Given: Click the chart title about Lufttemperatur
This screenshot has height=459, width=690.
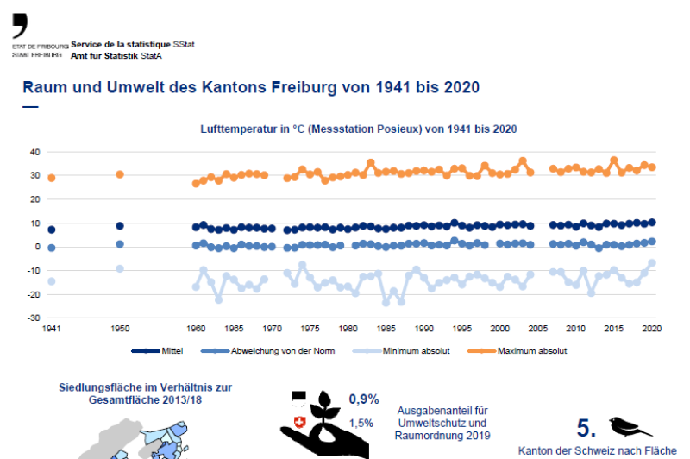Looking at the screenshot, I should coord(358,129).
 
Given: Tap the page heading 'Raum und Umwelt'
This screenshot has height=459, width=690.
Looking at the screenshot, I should coord(250,87).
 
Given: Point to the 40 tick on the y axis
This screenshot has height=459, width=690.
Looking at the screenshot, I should coord(35,152).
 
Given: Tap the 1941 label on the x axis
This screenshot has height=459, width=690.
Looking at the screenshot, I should coord(52,329).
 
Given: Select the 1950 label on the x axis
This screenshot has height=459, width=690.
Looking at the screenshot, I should coord(120,329).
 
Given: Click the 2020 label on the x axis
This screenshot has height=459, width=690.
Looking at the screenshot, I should coord(652,329).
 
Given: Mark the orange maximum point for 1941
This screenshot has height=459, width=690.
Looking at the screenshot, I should coord(52,178).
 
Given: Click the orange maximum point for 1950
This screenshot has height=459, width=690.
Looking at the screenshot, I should coord(120,174).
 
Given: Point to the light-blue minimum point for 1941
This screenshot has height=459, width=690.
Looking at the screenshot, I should coord(52,281).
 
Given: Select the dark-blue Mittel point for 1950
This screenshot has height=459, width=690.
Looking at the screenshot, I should coord(120,226).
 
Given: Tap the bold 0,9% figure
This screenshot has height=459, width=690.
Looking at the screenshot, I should coord(363,399).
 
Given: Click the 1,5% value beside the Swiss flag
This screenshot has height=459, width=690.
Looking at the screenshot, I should coord(361,423).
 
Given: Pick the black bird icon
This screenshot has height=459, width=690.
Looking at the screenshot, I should coord(630,424).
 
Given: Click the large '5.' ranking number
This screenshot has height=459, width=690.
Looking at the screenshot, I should coord(586,428).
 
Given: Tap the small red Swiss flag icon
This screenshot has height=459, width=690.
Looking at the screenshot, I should coord(299,423).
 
